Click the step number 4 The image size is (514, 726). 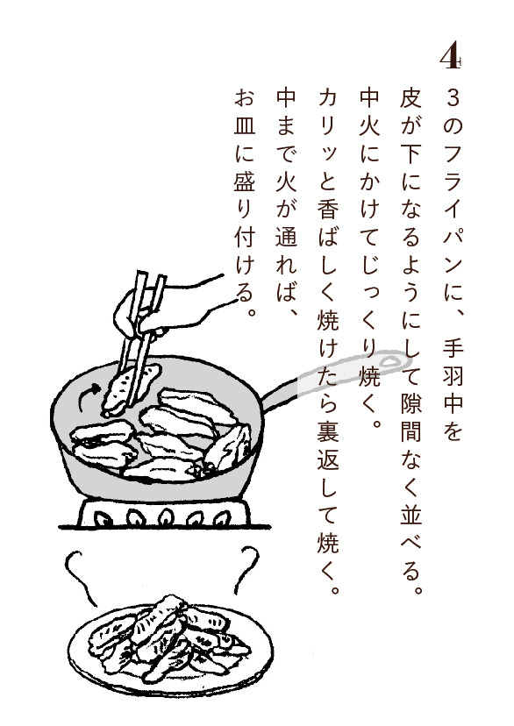(450, 56)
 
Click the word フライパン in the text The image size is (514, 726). (453, 208)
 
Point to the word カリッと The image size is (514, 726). (328, 139)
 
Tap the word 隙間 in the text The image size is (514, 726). (410, 416)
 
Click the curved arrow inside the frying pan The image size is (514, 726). (89, 395)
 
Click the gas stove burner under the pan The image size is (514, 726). (164, 513)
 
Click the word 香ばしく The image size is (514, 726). (328, 250)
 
